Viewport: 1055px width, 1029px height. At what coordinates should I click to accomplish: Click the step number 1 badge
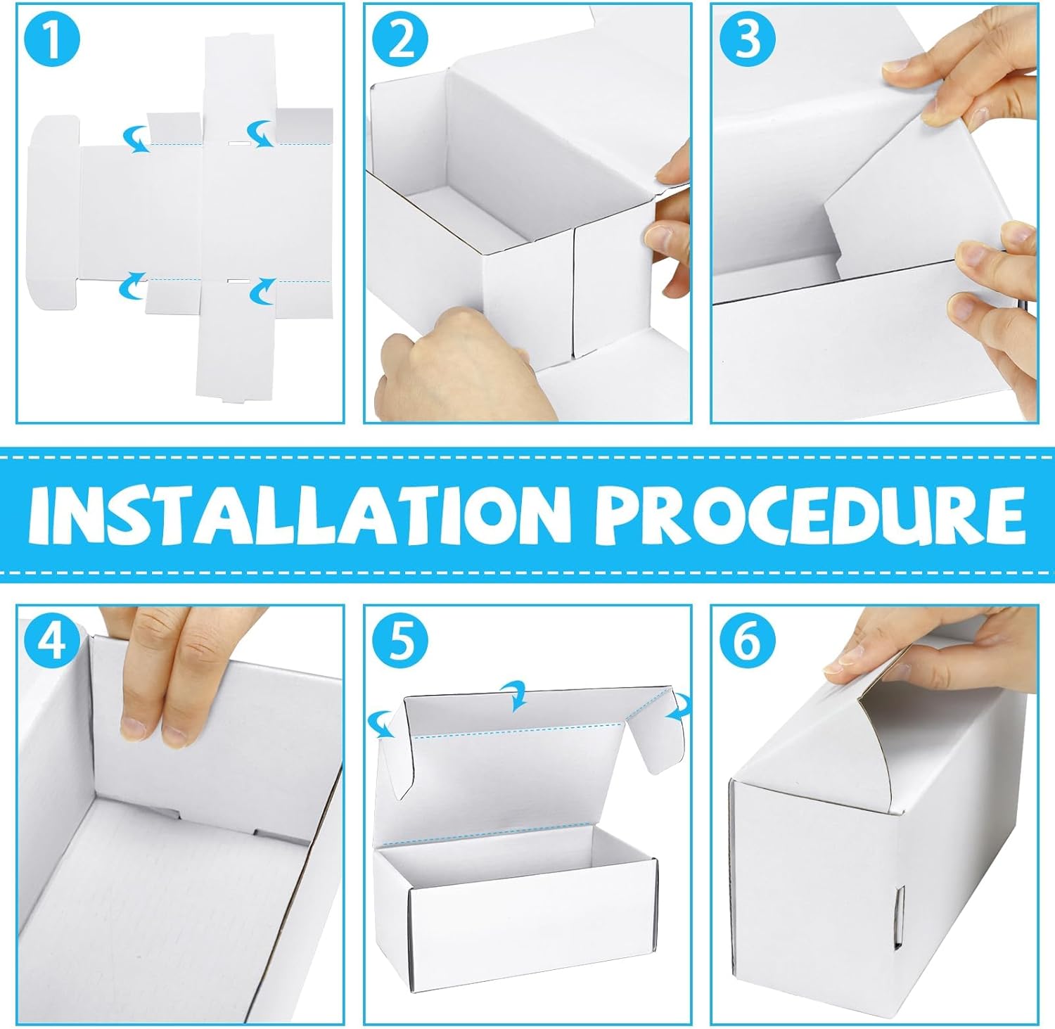[x=51, y=40]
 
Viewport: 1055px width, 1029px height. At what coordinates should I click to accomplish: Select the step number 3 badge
[x=747, y=40]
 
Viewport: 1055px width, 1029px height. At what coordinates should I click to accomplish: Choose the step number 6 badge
[x=747, y=641]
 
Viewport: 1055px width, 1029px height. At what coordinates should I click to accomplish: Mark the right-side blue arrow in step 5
[x=679, y=706]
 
